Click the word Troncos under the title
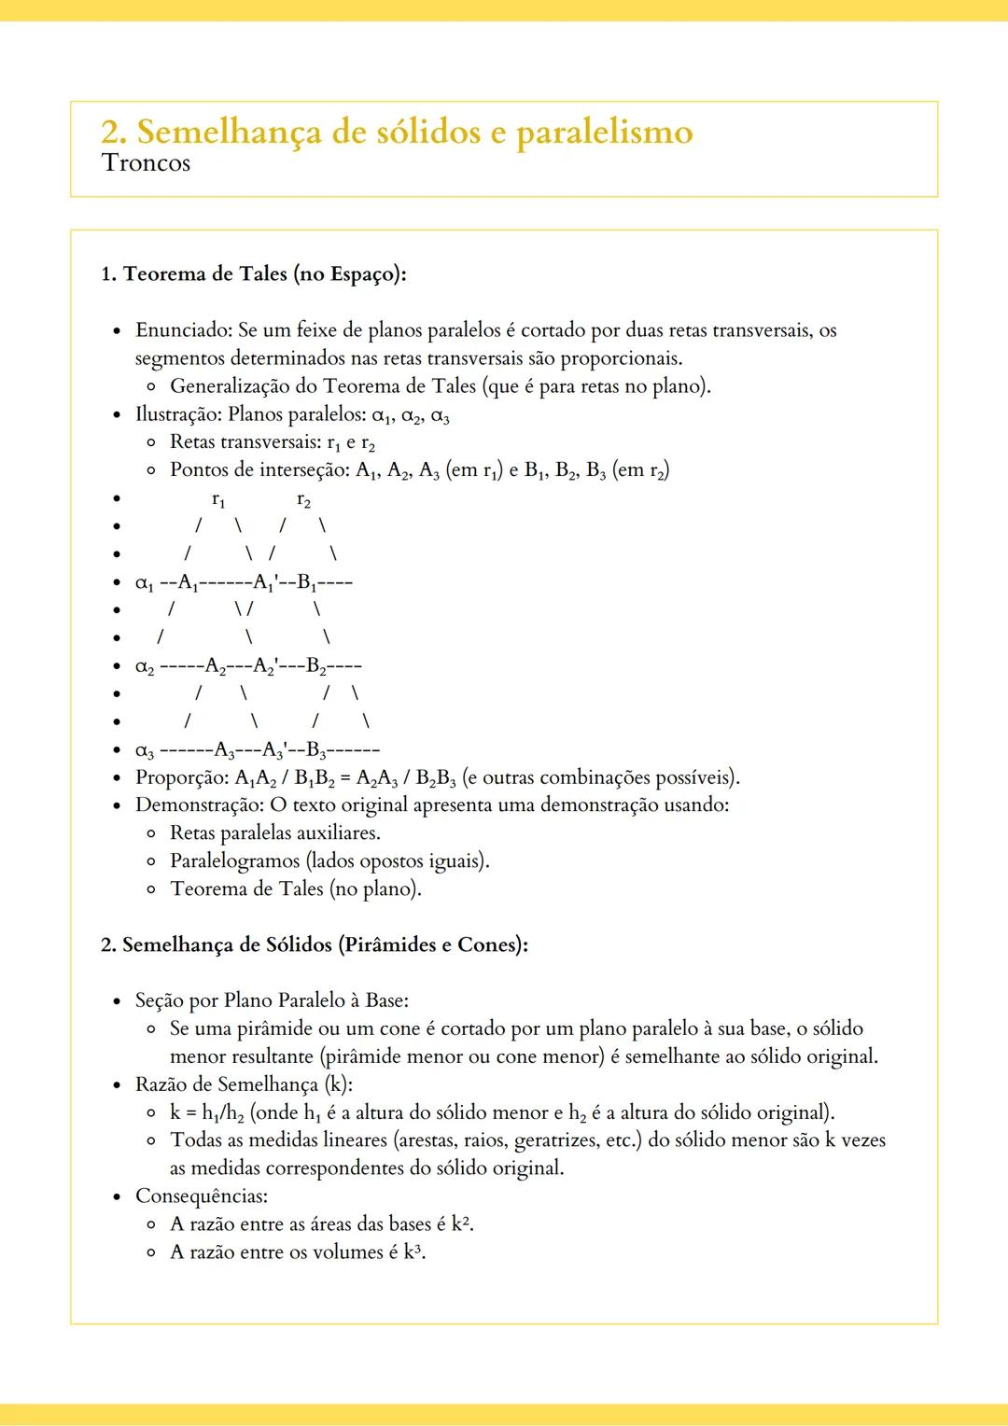pyautogui.click(x=146, y=163)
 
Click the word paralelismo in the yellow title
pyautogui.click(x=604, y=133)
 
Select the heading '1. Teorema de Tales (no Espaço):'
pyautogui.click(x=254, y=274)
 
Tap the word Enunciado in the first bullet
pyautogui.click(x=183, y=330)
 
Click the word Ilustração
pyautogui.click(x=177, y=414)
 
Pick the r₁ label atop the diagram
pyautogui.click(x=218, y=500)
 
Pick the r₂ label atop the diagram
pyautogui.click(x=303, y=500)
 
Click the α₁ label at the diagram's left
pyautogui.click(x=145, y=583)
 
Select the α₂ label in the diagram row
pyautogui.click(x=145, y=667)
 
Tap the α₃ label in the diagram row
pyautogui.click(x=145, y=750)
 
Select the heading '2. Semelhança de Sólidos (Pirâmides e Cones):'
pyautogui.click(x=315, y=945)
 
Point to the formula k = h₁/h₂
pyautogui.click(x=207, y=1113)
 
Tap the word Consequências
pyautogui.click(x=201, y=1196)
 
